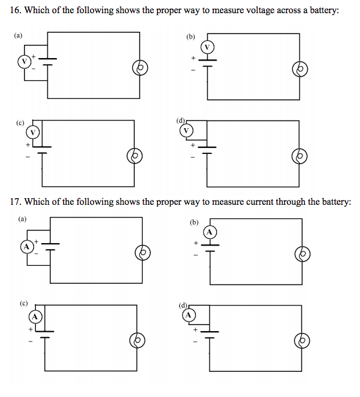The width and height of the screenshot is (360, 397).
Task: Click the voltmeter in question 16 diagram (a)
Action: pyautogui.click(x=25, y=62)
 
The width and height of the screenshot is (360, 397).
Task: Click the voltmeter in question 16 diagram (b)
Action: pyautogui.click(x=208, y=47)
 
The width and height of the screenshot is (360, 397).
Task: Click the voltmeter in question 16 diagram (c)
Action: pyautogui.click(x=34, y=131)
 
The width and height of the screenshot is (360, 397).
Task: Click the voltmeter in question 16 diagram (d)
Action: pyautogui.click(x=187, y=130)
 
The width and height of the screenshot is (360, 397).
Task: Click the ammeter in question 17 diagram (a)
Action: pyautogui.click(x=26, y=246)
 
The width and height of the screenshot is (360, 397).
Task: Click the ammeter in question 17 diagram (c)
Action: pyautogui.click(x=35, y=316)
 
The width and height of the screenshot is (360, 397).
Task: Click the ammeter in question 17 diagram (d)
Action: pyautogui.click(x=189, y=314)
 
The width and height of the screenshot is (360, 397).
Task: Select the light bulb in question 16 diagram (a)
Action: pyautogui.click(x=140, y=69)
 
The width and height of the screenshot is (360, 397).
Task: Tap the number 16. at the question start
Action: pyautogui.click(x=16, y=12)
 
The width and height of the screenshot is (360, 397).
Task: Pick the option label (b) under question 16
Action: pyautogui.click(x=191, y=36)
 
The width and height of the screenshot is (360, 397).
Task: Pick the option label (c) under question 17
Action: pyautogui.click(x=24, y=303)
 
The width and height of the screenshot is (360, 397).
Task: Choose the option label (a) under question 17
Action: pyautogui.click(x=22, y=219)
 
